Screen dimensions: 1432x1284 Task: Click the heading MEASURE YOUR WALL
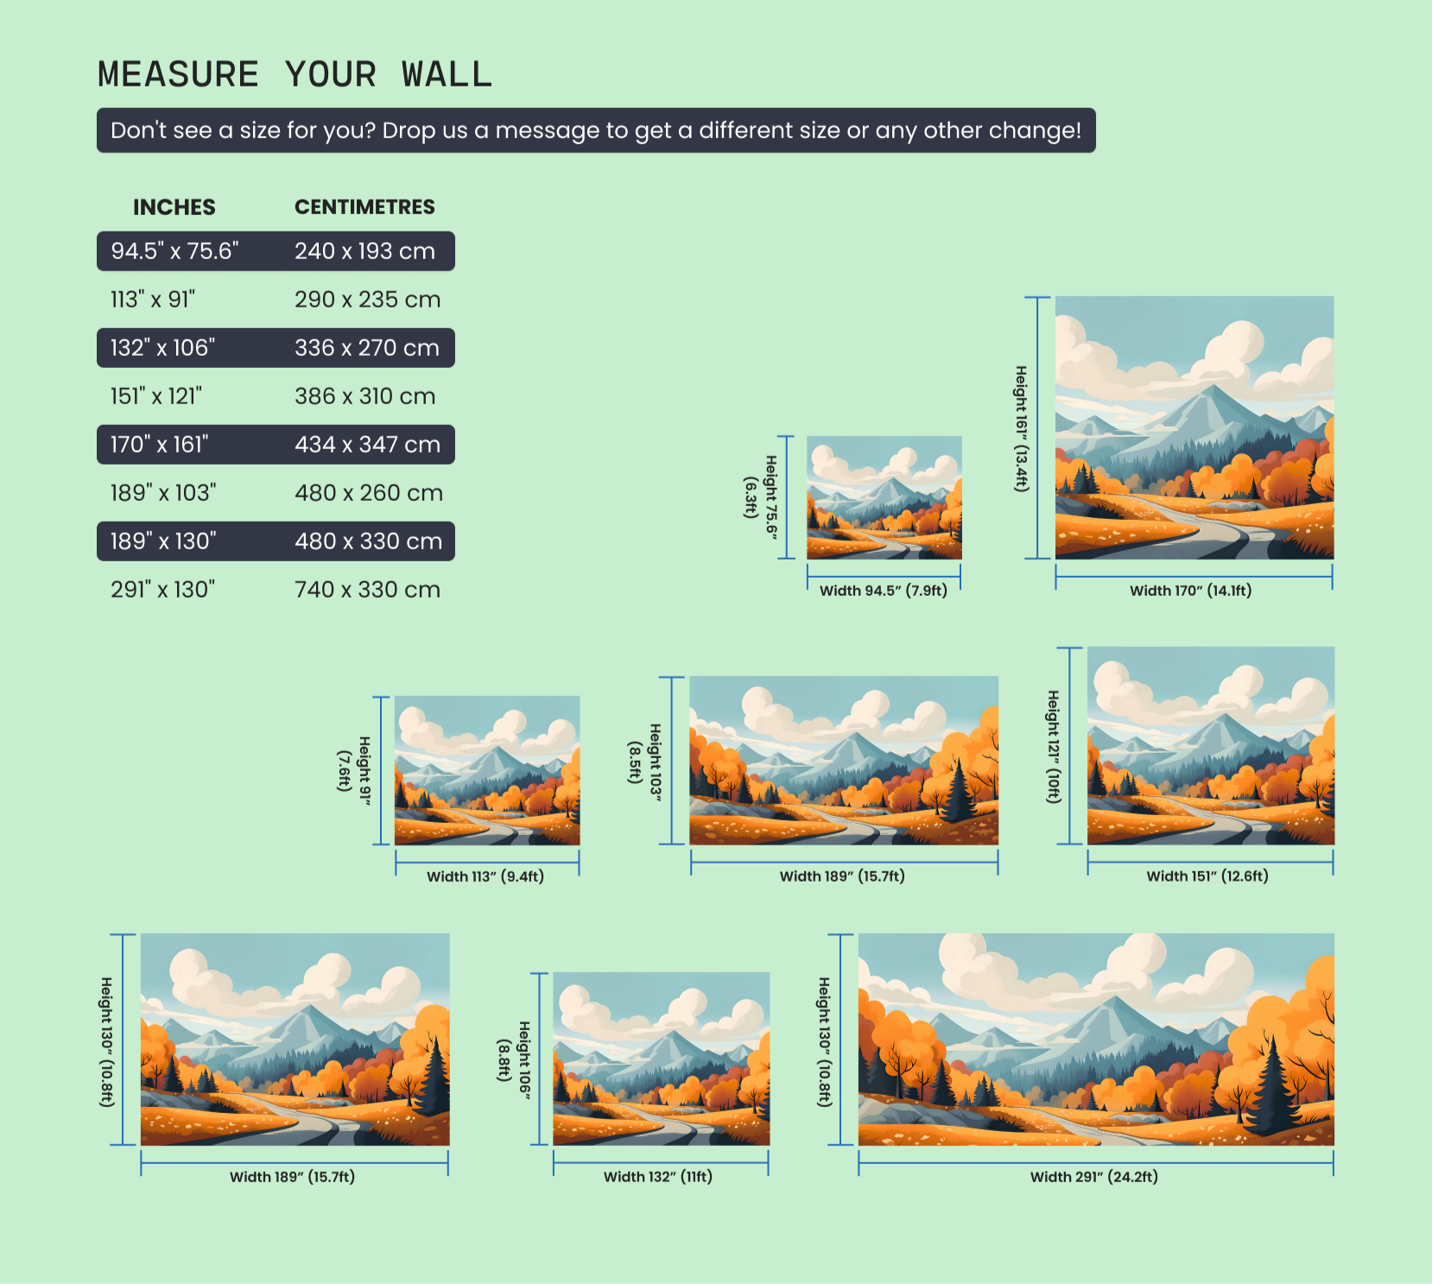click(x=295, y=74)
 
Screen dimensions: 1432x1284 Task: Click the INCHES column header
click(x=174, y=207)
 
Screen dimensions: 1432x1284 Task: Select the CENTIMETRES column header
click(x=364, y=207)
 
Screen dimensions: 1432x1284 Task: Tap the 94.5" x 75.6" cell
click(x=174, y=251)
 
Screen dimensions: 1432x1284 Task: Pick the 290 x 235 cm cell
click(x=367, y=300)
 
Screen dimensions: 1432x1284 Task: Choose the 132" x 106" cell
click(x=162, y=348)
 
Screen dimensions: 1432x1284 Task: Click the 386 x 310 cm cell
click(x=364, y=396)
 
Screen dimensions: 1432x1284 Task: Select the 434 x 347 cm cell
click(x=367, y=445)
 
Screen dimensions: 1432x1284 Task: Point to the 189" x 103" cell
click(x=163, y=493)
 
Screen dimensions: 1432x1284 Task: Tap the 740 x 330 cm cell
click(x=367, y=590)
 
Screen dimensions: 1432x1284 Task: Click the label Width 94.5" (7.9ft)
click(x=884, y=591)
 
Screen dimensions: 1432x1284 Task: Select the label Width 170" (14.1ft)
click(x=1190, y=591)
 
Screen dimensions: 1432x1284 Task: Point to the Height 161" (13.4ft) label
click(x=1021, y=428)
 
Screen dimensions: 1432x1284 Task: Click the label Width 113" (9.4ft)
click(x=485, y=876)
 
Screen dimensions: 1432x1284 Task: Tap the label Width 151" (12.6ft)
click(x=1207, y=876)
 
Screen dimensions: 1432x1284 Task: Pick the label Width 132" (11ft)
click(x=658, y=1176)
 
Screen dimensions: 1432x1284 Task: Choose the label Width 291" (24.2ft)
click(x=1094, y=1176)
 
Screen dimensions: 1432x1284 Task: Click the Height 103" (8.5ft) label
click(x=645, y=762)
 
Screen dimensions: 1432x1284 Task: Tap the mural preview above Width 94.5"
click(x=884, y=497)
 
